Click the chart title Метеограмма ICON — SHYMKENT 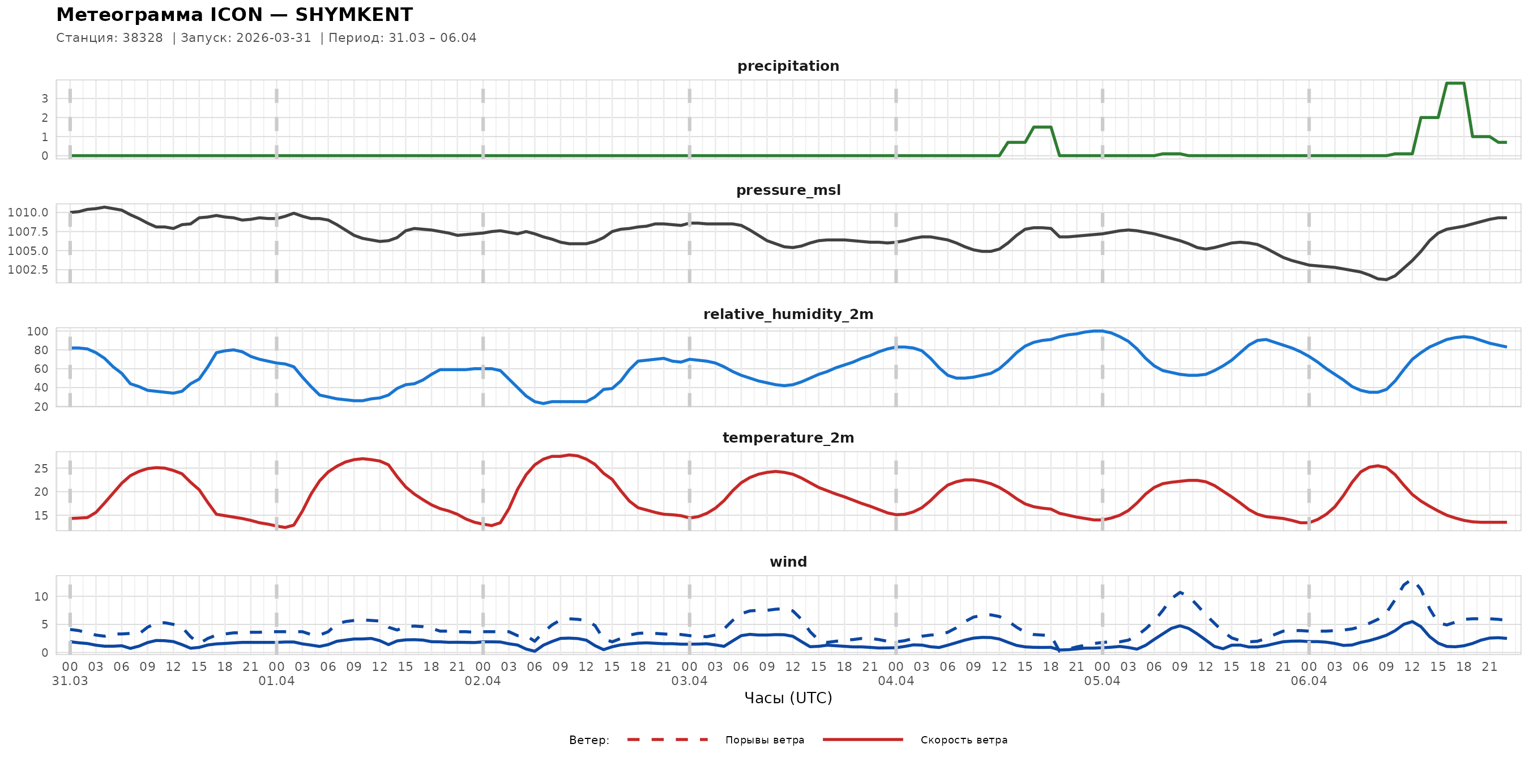234,15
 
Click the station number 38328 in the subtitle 143,38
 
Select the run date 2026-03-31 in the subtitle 274,38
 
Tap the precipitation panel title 788,66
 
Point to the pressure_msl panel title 788,190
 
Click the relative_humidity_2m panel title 788,314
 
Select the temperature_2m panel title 788,437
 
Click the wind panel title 788,562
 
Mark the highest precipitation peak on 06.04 1455,83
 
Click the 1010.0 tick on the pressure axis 28,212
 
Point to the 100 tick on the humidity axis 37,331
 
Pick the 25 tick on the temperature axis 41,469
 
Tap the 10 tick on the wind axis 41,597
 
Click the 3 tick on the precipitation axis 45,99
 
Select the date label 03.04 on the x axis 689,681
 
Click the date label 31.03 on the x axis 70,681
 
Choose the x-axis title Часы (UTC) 788,698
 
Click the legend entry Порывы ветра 764,740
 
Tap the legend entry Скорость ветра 963,740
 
